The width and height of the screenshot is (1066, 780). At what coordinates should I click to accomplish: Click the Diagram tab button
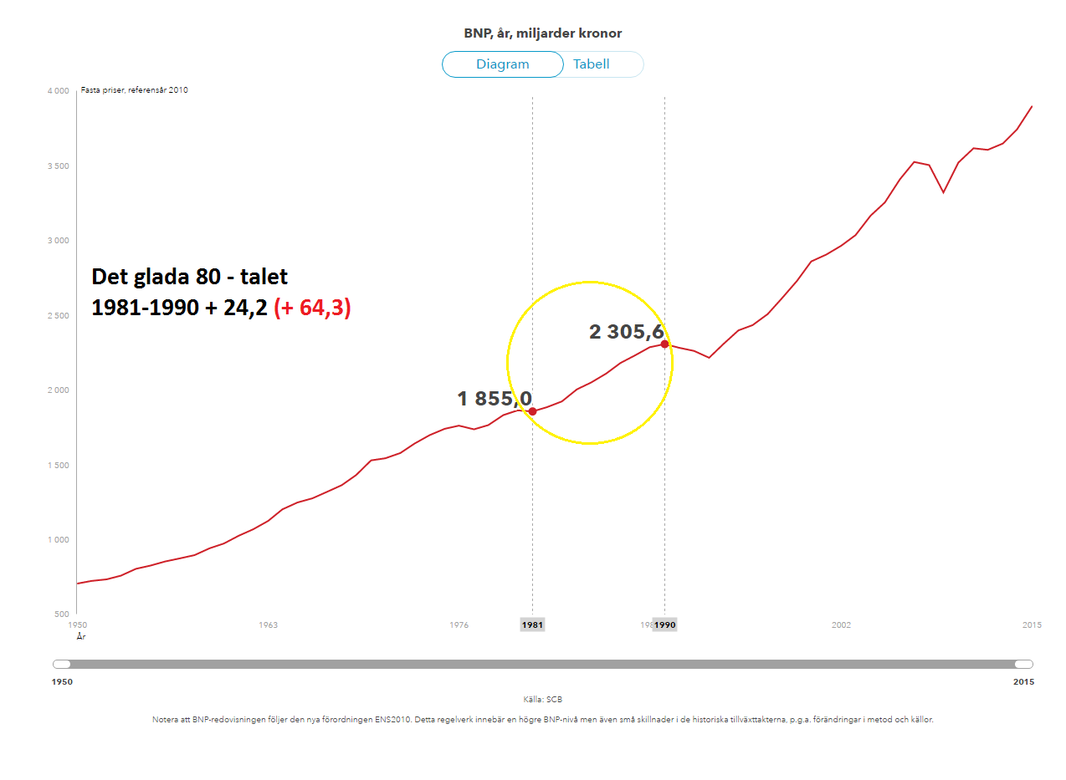(x=503, y=64)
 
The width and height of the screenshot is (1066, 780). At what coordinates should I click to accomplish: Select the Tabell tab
(x=592, y=64)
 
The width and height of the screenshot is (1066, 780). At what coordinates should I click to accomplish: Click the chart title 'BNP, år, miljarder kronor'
(x=543, y=33)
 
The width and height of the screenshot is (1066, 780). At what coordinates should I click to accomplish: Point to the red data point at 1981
(x=532, y=411)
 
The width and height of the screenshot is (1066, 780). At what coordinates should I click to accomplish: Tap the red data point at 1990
(x=664, y=344)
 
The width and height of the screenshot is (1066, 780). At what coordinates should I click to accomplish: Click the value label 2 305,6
(x=627, y=332)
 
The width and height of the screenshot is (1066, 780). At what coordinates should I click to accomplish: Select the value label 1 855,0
(x=495, y=399)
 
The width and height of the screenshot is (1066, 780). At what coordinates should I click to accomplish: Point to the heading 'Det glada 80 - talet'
(x=190, y=277)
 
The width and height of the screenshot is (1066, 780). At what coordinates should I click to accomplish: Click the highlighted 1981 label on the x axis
(x=532, y=625)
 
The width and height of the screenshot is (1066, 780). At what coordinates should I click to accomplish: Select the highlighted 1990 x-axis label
(x=665, y=625)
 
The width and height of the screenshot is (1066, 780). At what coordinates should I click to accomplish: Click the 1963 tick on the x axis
(x=268, y=625)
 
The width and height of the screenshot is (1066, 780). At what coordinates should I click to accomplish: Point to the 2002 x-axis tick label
(x=841, y=625)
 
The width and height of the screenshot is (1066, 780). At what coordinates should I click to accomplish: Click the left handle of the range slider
(x=62, y=664)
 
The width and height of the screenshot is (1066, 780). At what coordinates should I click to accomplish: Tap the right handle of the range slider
(x=1023, y=664)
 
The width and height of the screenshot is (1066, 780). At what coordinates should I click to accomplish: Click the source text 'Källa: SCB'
(x=543, y=699)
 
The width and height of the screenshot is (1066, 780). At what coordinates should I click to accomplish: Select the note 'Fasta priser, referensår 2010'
(x=135, y=90)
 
